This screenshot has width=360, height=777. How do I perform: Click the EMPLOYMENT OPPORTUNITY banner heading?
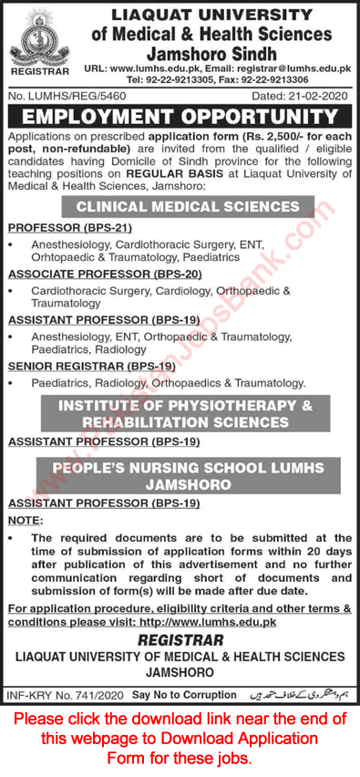pyautogui.click(x=180, y=116)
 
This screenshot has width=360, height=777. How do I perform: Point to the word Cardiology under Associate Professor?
pyautogui.click(x=183, y=290)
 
